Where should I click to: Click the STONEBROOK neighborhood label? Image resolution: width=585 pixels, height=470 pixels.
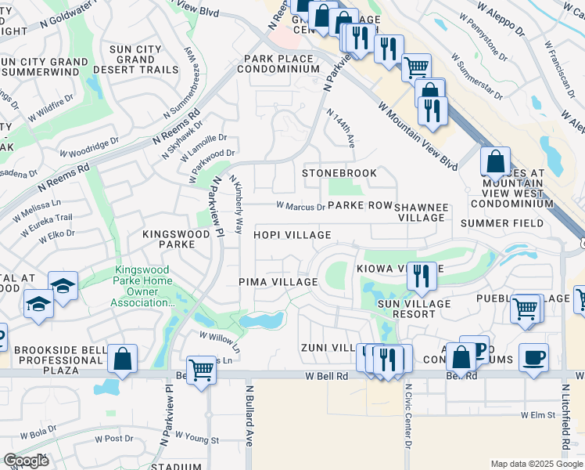[x=339, y=173]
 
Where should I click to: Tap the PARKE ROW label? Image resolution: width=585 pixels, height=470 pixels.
[x=360, y=206]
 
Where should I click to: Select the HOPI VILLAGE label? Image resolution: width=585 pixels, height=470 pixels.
[x=292, y=235]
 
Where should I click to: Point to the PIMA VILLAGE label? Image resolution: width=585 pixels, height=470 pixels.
[x=278, y=282]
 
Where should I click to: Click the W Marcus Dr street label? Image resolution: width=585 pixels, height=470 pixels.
[x=300, y=207]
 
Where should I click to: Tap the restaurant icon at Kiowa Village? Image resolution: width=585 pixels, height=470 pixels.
[x=422, y=276]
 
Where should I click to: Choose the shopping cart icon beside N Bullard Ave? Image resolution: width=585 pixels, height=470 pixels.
[x=202, y=369]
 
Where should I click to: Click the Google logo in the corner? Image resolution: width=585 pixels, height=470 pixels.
[x=26, y=461]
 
